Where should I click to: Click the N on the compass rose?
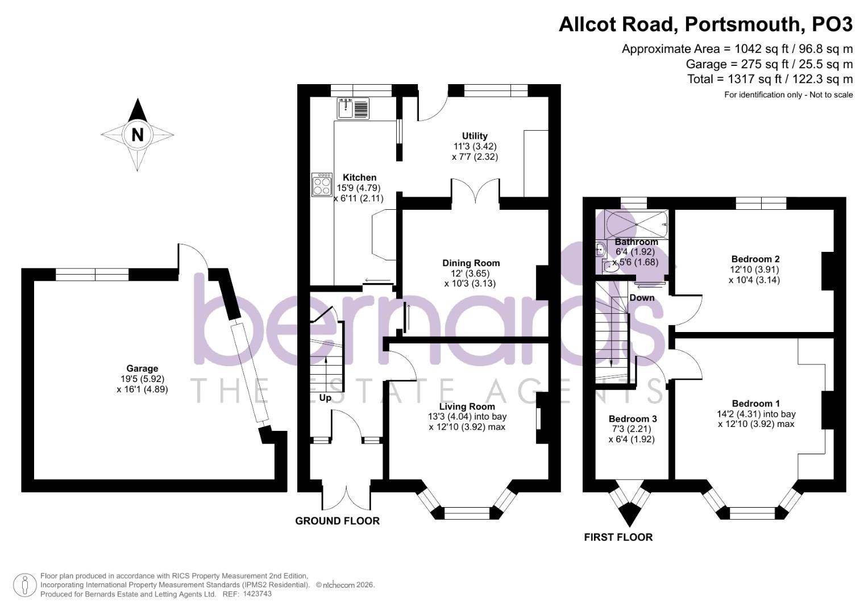[x=137, y=135]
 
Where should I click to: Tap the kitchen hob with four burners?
[x=322, y=185]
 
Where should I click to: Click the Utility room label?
[x=475, y=136]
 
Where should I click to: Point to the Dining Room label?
[x=471, y=263]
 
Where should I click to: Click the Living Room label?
[x=467, y=406]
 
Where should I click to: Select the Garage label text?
[x=142, y=368]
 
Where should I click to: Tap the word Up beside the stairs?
[x=325, y=397]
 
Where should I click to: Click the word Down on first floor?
[x=642, y=297]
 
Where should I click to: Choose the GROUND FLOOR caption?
[x=337, y=521]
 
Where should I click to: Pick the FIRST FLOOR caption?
[x=618, y=537]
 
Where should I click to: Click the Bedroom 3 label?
[x=633, y=418]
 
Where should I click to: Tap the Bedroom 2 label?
[x=755, y=259]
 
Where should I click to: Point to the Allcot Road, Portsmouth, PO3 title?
[x=705, y=24]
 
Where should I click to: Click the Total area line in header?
[x=770, y=79]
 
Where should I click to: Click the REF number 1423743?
[x=257, y=594]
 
